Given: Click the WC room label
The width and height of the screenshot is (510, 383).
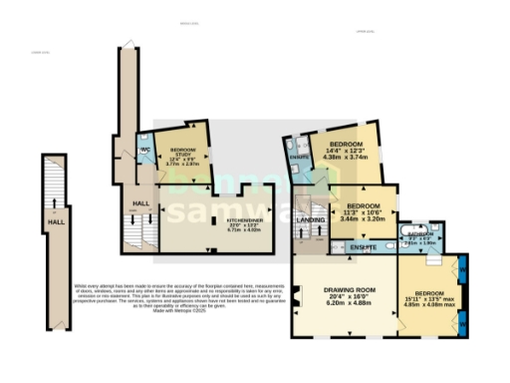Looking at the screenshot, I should [x=145, y=150].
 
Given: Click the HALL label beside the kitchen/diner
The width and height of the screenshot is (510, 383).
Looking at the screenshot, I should [x=139, y=204].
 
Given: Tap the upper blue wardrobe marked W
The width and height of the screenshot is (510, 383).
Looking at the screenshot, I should [x=464, y=271].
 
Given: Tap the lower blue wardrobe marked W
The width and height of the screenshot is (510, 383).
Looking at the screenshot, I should [x=464, y=321].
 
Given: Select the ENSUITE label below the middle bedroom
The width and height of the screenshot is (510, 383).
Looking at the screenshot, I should [x=362, y=245].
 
